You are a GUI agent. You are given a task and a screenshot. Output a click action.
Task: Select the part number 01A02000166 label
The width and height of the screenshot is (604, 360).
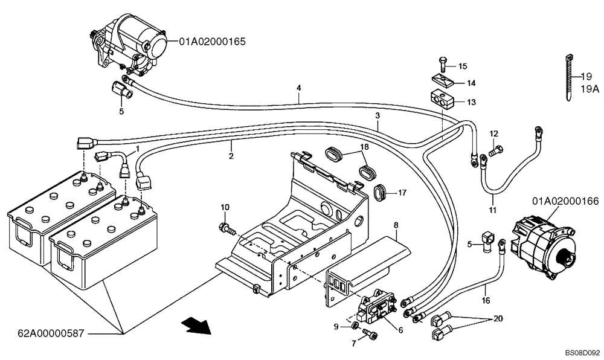[565, 201]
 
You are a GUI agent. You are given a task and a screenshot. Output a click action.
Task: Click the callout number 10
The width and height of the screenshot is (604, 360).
[225, 207]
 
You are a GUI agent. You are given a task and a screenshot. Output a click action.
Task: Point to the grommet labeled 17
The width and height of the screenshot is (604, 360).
[380, 191]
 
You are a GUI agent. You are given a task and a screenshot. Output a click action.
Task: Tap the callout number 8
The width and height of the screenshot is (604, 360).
[396, 225]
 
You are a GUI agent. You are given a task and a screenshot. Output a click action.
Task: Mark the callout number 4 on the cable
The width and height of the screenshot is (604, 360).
[298, 88]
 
